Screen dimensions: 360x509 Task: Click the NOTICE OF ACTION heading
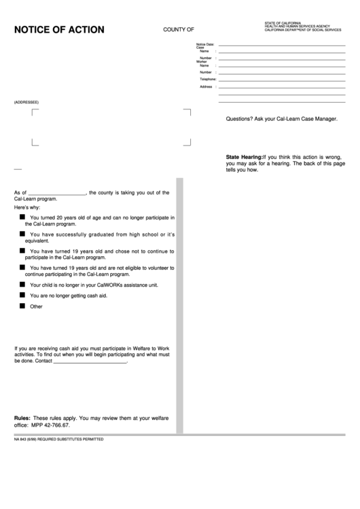tap(59, 30)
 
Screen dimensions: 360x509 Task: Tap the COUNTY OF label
tap(179, 30)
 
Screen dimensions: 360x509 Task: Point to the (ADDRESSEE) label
tap(26, 102)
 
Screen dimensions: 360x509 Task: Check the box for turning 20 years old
tap(23, 217)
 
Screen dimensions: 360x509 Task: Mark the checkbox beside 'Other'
tap(23, 306)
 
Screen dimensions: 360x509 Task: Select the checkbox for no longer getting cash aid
tap(23, 296)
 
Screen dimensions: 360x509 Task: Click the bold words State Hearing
tap(243, 157)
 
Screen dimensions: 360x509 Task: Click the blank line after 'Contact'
tap(90, 362)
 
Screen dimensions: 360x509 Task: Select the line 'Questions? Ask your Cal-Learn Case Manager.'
tap(281, 119)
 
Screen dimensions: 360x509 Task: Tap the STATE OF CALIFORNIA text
tap(283, 23)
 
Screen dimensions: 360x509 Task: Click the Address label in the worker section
tap(206, 86)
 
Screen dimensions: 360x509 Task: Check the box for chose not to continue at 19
tap(23, 251)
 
